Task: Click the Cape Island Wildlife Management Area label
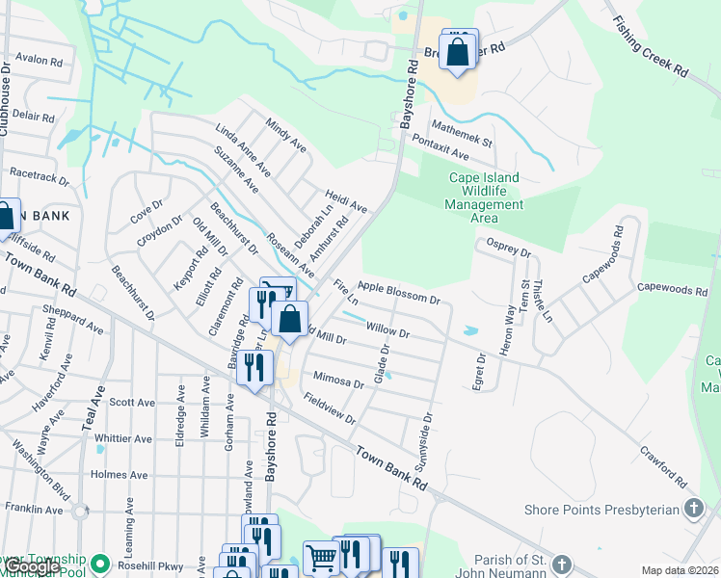[484, 197]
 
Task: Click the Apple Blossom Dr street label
[398, 292]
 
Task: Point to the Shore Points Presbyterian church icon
[693, 508]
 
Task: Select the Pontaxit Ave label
[440, 148]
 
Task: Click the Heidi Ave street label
[346, 199]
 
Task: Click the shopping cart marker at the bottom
[320, 557]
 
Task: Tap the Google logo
[35, 567]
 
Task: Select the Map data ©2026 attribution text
[679, 570]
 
